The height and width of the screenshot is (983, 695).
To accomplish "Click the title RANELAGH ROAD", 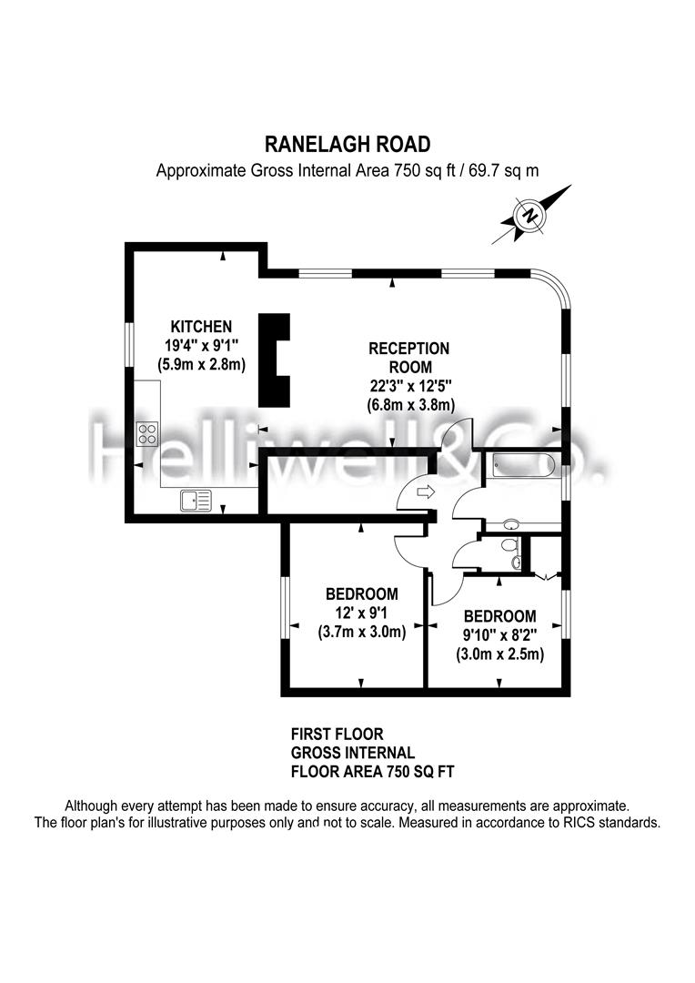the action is coord(347,144).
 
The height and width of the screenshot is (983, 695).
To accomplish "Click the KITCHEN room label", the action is coord(201,326).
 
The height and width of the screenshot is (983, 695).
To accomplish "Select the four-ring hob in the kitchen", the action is coord(148,434).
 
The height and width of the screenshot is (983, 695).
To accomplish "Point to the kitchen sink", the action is coord(196,501).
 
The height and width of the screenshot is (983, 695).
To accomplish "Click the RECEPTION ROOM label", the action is coord(409,358).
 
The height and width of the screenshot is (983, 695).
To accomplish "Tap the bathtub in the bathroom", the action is coord(523,466).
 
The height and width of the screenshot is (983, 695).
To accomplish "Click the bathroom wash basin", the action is coord(510,524).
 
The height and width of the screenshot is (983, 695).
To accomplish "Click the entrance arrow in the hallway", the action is coord(425,492).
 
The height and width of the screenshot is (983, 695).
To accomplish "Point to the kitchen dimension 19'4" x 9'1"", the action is coord(202,345).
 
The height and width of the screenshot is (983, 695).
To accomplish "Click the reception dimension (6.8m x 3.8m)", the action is coord(410,405).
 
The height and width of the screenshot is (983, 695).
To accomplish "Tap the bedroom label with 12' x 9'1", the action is coord(362,593).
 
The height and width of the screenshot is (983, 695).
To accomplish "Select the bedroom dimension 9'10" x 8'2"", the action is coord(500,635).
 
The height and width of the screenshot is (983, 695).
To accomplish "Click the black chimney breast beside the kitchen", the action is coord(275,360).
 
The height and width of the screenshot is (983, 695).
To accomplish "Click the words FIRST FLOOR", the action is coord(337,735).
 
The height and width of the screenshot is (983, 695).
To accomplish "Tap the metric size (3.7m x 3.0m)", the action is coord(362,632).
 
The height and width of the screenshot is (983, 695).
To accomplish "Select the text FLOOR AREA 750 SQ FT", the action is coord(372,771).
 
